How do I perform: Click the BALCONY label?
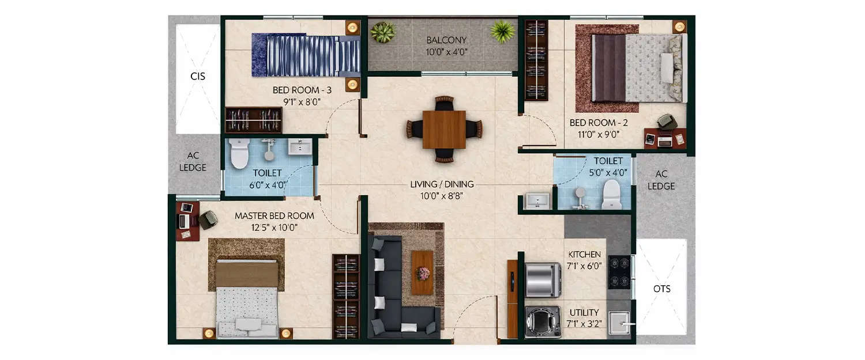pyautogui.click(x=446, y=40)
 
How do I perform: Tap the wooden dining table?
pyautogui.click(x=444, y=129)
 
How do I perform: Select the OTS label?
pyautogui.click(x=662, y=289)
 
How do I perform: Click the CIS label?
pyautogui.click(x=198, y=76)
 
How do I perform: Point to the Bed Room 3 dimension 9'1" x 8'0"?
pyautogui.click(x=302, y=102)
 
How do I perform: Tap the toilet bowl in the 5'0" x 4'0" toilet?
pyautogui.click(x=611, y=194)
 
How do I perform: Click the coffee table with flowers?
pyautogui.click(x=422, y=272)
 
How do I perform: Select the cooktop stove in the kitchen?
pyautogui.click(x=619, y=272)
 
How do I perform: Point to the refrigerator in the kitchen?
pyautogui.click(x=543, y=280)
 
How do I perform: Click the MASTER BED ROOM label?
pyautogui.click(x=274, y=216)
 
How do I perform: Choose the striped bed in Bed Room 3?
pyautogui.click(x=306, y=55)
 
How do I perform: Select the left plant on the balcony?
pyautogui.click(x=383, y=32)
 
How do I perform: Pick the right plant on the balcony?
pyautogui.click(x=503, y=31)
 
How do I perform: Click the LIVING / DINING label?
pyautogui.click(x=442, y=184)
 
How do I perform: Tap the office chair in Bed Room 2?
pyautogui.click(x=667, y=122)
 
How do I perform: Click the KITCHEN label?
pyautogui.click(x=585, y=254)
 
